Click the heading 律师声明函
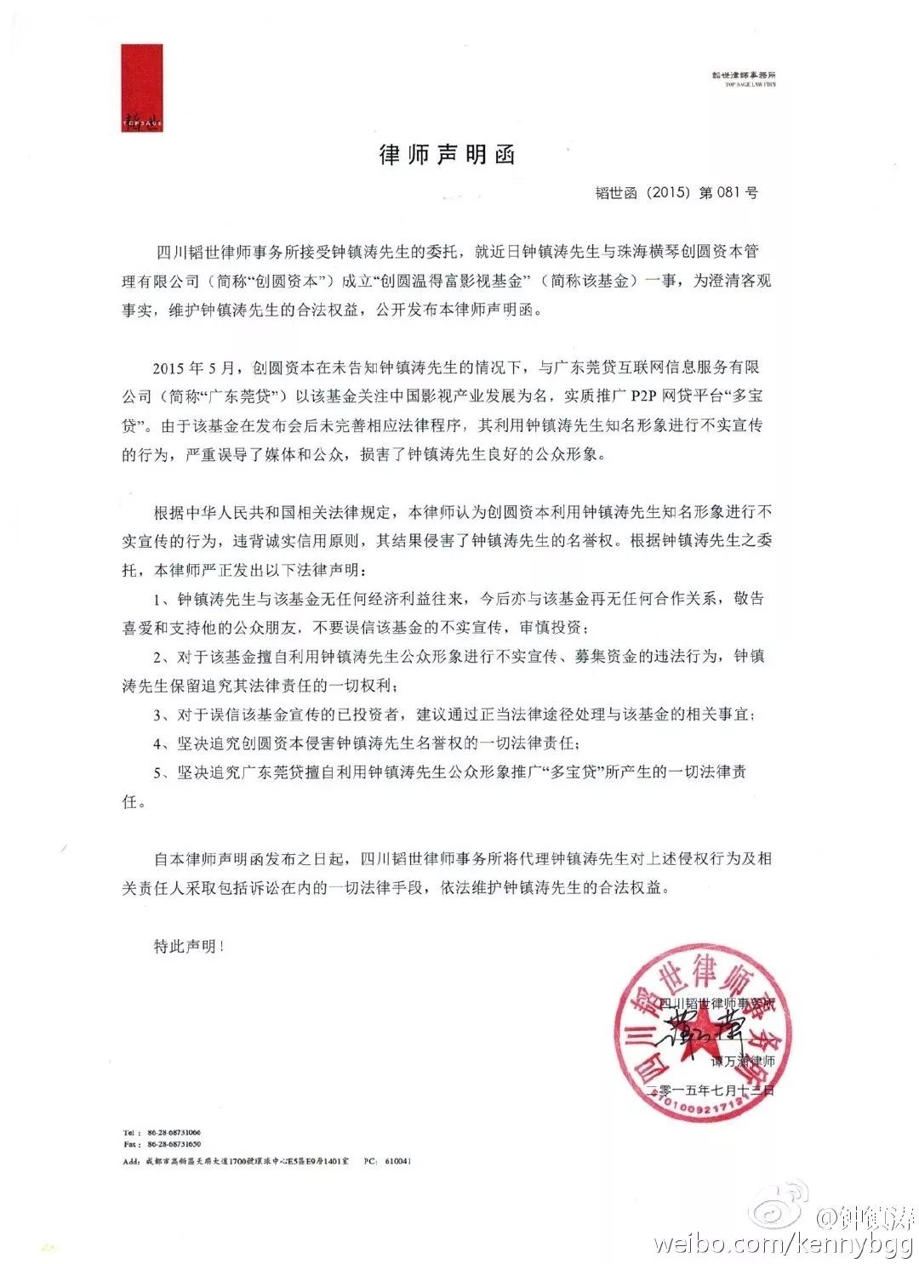pyautogui.click(x=447, y=155)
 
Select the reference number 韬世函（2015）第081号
pyautogui.click(x=676, y=193)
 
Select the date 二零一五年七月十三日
pyautogui.click(x=711, y=1089)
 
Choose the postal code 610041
pyautogui.click(x=397, y=1160)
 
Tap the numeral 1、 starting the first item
pyautogui.click(x=161, y=600)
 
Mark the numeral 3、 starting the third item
pyautogui.click(x=161, y=715)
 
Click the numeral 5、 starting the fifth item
pyautogui.click(x=161, y=773)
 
